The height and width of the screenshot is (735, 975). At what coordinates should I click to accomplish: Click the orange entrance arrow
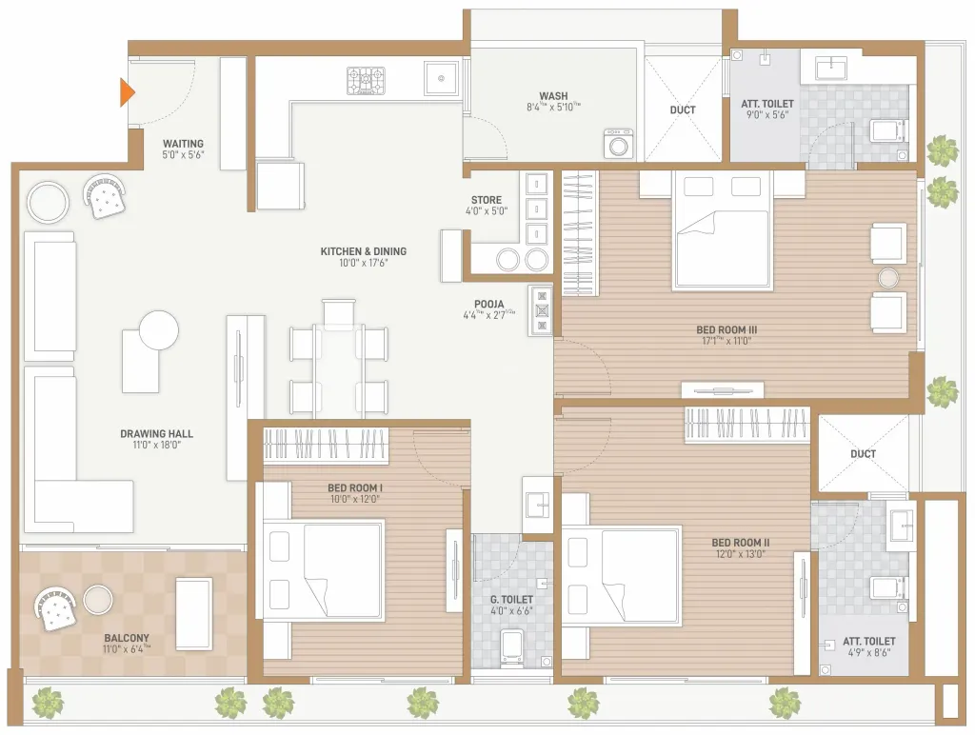(127, 92)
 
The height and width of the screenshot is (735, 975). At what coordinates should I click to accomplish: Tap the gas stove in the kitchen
(366, 81)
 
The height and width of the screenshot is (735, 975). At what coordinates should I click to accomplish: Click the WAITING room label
(183, 144)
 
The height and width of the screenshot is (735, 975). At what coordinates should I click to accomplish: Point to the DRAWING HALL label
(157, 433)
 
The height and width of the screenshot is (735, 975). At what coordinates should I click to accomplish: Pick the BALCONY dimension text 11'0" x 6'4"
(127, 649)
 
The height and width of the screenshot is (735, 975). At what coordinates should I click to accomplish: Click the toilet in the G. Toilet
(512, 647)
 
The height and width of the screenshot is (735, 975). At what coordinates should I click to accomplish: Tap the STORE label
(487, 200)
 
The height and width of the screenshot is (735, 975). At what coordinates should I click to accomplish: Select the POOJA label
(489, 304)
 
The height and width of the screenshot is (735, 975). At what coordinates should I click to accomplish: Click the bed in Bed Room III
(723, 230)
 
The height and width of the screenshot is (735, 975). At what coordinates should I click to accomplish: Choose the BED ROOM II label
(741, 543)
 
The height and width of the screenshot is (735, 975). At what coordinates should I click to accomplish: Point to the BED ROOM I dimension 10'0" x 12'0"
(354, 499)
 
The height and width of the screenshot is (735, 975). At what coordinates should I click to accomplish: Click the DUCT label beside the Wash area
(683, 110)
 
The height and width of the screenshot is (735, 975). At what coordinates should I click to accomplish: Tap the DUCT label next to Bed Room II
(863, 454)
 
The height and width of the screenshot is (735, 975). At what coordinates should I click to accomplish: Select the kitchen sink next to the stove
(442, 78)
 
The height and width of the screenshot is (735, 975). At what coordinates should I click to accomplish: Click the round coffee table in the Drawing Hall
(159, 331)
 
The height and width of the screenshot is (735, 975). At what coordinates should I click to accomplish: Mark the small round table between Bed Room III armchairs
(888, 278)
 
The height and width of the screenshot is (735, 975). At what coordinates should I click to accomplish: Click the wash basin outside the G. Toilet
(537, 505)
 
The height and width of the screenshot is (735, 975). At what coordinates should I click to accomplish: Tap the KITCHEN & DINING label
(363, 251)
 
